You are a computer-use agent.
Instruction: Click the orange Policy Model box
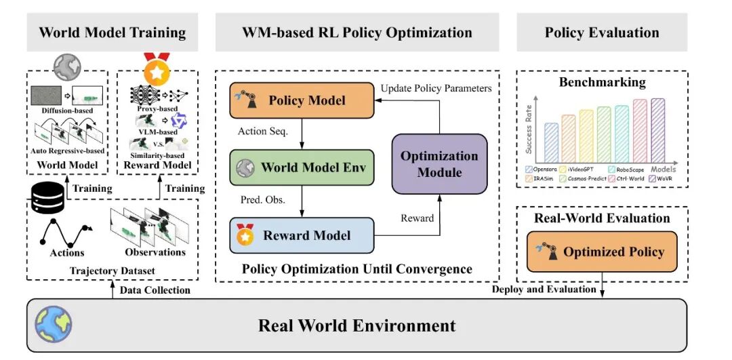pyautogui.click(x=302, y=100)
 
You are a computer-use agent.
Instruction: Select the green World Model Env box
pyautogui.click(x=302, y=167)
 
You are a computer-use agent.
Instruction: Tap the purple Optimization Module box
pyautogui.click(x=439, y=164)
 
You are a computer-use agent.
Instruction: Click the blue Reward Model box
pyautogui.click(x=302, y=235)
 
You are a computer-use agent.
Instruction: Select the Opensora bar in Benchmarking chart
pyautogui.click(x=551, y=142)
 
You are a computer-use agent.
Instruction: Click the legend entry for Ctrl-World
pyautogui.click(x=627, y=178)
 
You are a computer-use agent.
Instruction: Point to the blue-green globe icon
pyautogui.click(x=54, y=325)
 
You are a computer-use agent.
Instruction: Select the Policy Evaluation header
pyautogui.click(x=602, y=33)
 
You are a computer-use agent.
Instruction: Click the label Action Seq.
pyautogui.click(x=263, y=132)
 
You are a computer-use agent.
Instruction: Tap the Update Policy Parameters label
pyautogui.click(x=436, y=87)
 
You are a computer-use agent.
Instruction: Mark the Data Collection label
pyautogui.click(x=155, y=290)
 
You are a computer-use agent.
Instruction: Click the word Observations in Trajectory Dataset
pyautogui.click(x=155, y=252)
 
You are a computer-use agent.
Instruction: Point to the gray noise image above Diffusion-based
pyautogui.click(x=46, y=95)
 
